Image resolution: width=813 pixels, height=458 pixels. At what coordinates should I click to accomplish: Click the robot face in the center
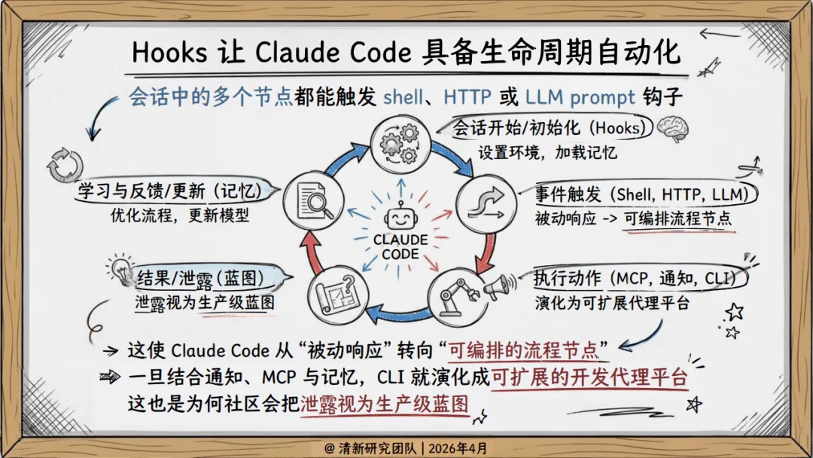click(x=399, y=219)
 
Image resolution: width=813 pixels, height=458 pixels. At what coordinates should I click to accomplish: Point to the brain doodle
click(x=671, y=129)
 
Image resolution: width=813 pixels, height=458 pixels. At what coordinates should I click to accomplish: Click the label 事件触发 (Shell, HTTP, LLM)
click(x=645, y=194)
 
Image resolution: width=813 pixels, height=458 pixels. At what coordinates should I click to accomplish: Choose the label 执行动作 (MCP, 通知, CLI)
click(x=641, y=279)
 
